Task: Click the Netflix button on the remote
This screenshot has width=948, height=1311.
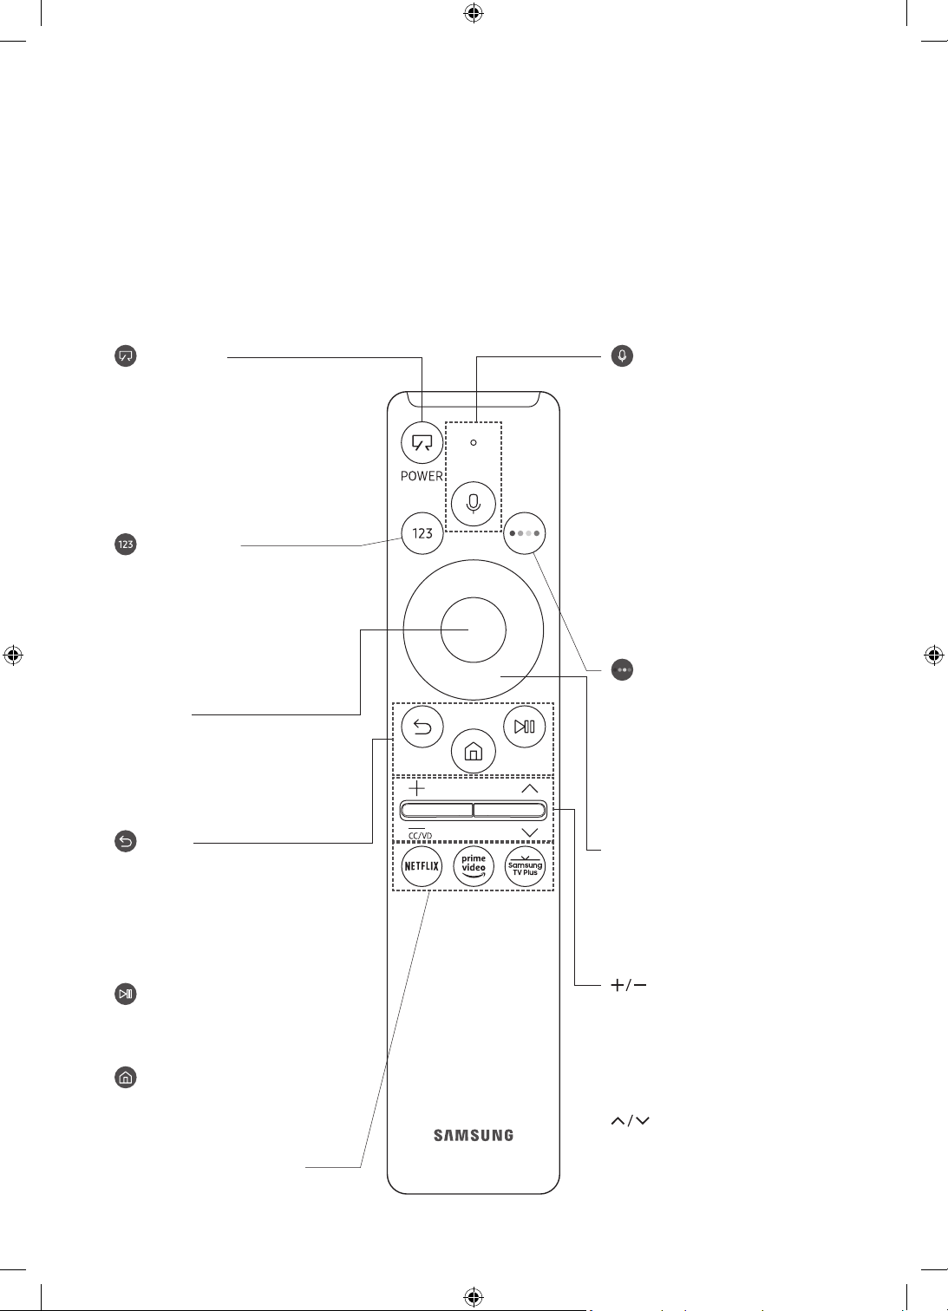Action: [422, 866]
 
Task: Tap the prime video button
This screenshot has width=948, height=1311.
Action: [473, 866]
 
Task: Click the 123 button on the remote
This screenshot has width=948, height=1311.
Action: [422, 533]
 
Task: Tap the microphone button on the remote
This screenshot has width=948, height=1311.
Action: [473, 503]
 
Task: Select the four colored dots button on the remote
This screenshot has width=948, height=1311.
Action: [524, 533]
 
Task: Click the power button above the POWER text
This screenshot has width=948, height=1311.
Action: [422, 442]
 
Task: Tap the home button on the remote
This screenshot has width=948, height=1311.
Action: [473, 752]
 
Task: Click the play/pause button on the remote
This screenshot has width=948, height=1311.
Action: [524, 727]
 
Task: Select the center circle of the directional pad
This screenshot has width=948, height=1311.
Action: [473, 629]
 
